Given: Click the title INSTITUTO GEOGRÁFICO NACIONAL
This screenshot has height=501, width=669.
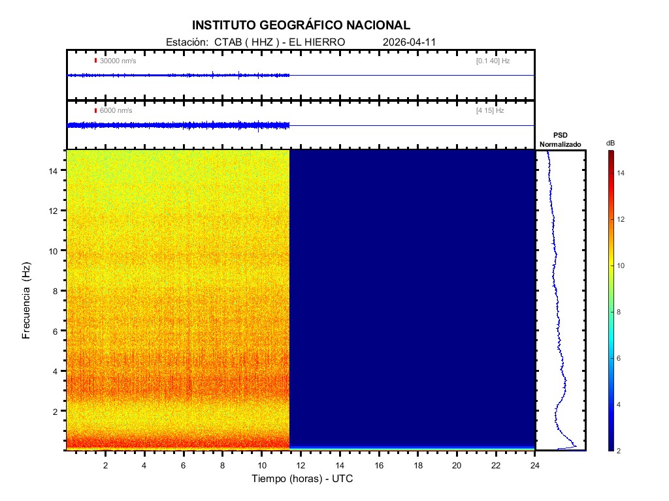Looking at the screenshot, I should (x=301, y=25).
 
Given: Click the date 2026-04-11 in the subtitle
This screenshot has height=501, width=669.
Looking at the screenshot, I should (x=409, y=42).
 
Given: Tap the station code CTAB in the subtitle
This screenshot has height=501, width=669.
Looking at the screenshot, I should (x=226, y=42).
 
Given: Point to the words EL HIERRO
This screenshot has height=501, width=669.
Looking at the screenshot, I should (x=316, y=42).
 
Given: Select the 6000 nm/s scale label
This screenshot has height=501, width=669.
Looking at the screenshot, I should (x=116, y=111).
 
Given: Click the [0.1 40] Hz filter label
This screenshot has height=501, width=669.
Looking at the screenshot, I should (x=493, y=61).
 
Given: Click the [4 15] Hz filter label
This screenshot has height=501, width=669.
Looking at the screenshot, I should (x=490, y=111).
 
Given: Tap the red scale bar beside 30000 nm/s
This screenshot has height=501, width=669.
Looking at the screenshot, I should (x=95, y=61).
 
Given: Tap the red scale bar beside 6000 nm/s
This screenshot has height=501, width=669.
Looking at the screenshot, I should (x=95, y=111).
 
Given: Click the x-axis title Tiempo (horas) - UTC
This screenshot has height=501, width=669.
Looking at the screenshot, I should (x=302, y=479).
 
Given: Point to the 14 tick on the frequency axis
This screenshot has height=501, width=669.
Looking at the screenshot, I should (x=56, y=170).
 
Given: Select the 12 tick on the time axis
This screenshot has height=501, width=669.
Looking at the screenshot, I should (x=301, y=465).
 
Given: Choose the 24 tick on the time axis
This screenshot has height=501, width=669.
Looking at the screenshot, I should (x=535, y=465).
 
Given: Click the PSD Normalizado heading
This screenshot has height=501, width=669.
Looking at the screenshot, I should (x=560, y=140).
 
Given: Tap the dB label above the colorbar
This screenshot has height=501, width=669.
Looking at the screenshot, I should (x=610, y=142).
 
